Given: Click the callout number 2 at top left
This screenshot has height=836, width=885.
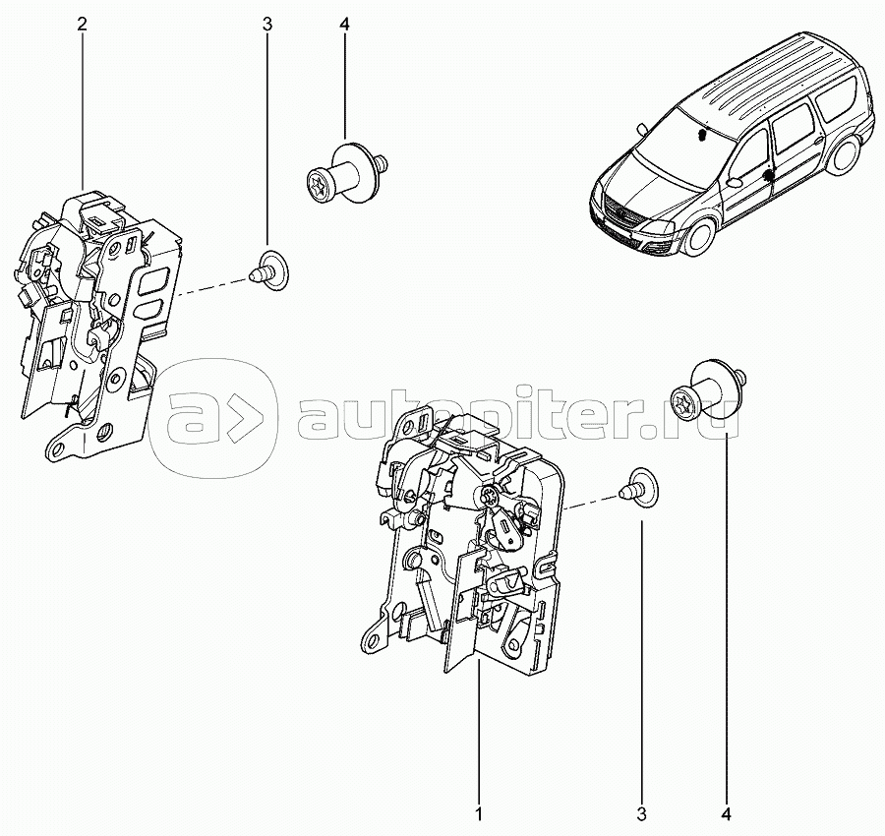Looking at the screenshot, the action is [x=83, y=25].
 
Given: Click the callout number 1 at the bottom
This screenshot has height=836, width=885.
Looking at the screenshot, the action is [x=479, y=815].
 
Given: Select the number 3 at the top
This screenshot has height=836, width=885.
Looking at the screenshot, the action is [x=266, y=25].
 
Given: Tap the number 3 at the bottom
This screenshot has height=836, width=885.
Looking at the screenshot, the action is [x=641, y=815].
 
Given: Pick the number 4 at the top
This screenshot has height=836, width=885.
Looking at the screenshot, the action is [x=344, y=25].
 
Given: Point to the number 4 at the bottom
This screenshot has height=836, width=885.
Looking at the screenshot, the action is [x=727, y=815].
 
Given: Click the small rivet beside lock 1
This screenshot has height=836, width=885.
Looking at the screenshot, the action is [x=639, y=489].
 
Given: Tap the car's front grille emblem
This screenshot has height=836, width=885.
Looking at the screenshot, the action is [x=617, y=213].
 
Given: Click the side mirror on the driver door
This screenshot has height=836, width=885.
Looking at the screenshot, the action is [x=735, y=183].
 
